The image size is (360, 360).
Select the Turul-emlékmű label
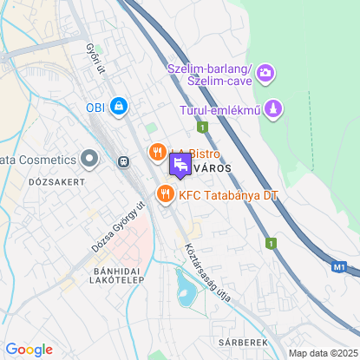220,110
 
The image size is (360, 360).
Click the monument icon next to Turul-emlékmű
274,109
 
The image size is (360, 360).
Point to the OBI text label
95,108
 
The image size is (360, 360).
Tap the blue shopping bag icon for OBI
119,108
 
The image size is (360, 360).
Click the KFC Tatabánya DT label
229,195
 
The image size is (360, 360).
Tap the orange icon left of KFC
165,195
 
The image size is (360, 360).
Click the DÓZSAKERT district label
57,182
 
